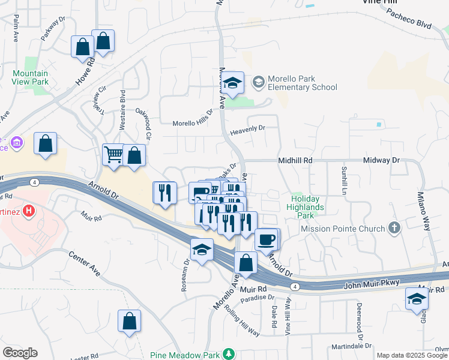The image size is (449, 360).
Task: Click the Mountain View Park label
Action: coord(31,78)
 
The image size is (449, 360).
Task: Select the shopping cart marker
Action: coord(113,155)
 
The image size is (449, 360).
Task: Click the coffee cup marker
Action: coord(267,239)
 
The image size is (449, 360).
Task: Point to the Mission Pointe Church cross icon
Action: coord(394,228)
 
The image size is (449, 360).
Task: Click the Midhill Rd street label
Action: coord(295,161)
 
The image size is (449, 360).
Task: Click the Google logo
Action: coord(20,353)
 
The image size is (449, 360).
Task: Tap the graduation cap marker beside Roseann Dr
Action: coord(202,249)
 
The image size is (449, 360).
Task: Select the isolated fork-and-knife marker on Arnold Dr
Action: coord(164,193)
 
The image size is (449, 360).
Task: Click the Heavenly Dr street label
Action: coord(247,128)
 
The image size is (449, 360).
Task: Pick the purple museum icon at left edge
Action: coord(16,142)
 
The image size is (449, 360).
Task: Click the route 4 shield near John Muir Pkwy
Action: coord(295,287)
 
